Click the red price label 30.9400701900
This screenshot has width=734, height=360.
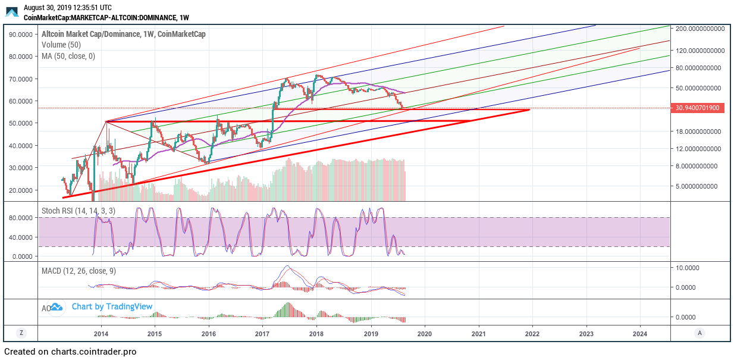(697, 108)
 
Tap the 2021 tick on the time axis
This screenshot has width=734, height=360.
(478, 333)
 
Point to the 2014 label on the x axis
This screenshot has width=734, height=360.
(101, 333)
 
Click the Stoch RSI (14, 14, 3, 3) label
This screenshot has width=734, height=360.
(79, 211)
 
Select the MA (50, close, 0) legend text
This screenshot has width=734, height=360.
(68, 56)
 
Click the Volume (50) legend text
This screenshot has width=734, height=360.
(61, 45)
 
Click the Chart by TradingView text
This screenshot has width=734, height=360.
(112, 306)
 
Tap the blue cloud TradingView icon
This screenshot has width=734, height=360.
(56, 307)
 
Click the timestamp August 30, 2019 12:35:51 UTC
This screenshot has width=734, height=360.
(67, 8)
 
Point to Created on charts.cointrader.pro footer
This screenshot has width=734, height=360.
(70, 352)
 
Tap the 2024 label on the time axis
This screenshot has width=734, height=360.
(640, 333)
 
